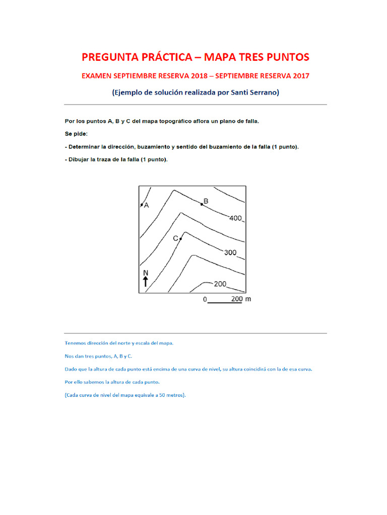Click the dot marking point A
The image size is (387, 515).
click(x=141, y=205)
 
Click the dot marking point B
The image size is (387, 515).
click(x=202, y=204)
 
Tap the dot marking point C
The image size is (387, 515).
click(x=180, y=238)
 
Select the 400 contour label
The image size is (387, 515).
click(x=235, y=218)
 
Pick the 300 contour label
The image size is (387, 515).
click(x=230, y=252)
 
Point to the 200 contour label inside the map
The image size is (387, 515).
click(x=220, y=284)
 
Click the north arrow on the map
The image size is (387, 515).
click(x=146, y=282)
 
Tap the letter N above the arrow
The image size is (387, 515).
click(x=146, y=274)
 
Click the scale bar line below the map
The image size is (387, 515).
click(x=225, y=303)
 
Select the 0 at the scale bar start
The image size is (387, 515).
click(x=205, y=299)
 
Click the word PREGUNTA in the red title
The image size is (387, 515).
click(x=108, y=57)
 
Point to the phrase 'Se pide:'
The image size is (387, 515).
click(x=76, y=134)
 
